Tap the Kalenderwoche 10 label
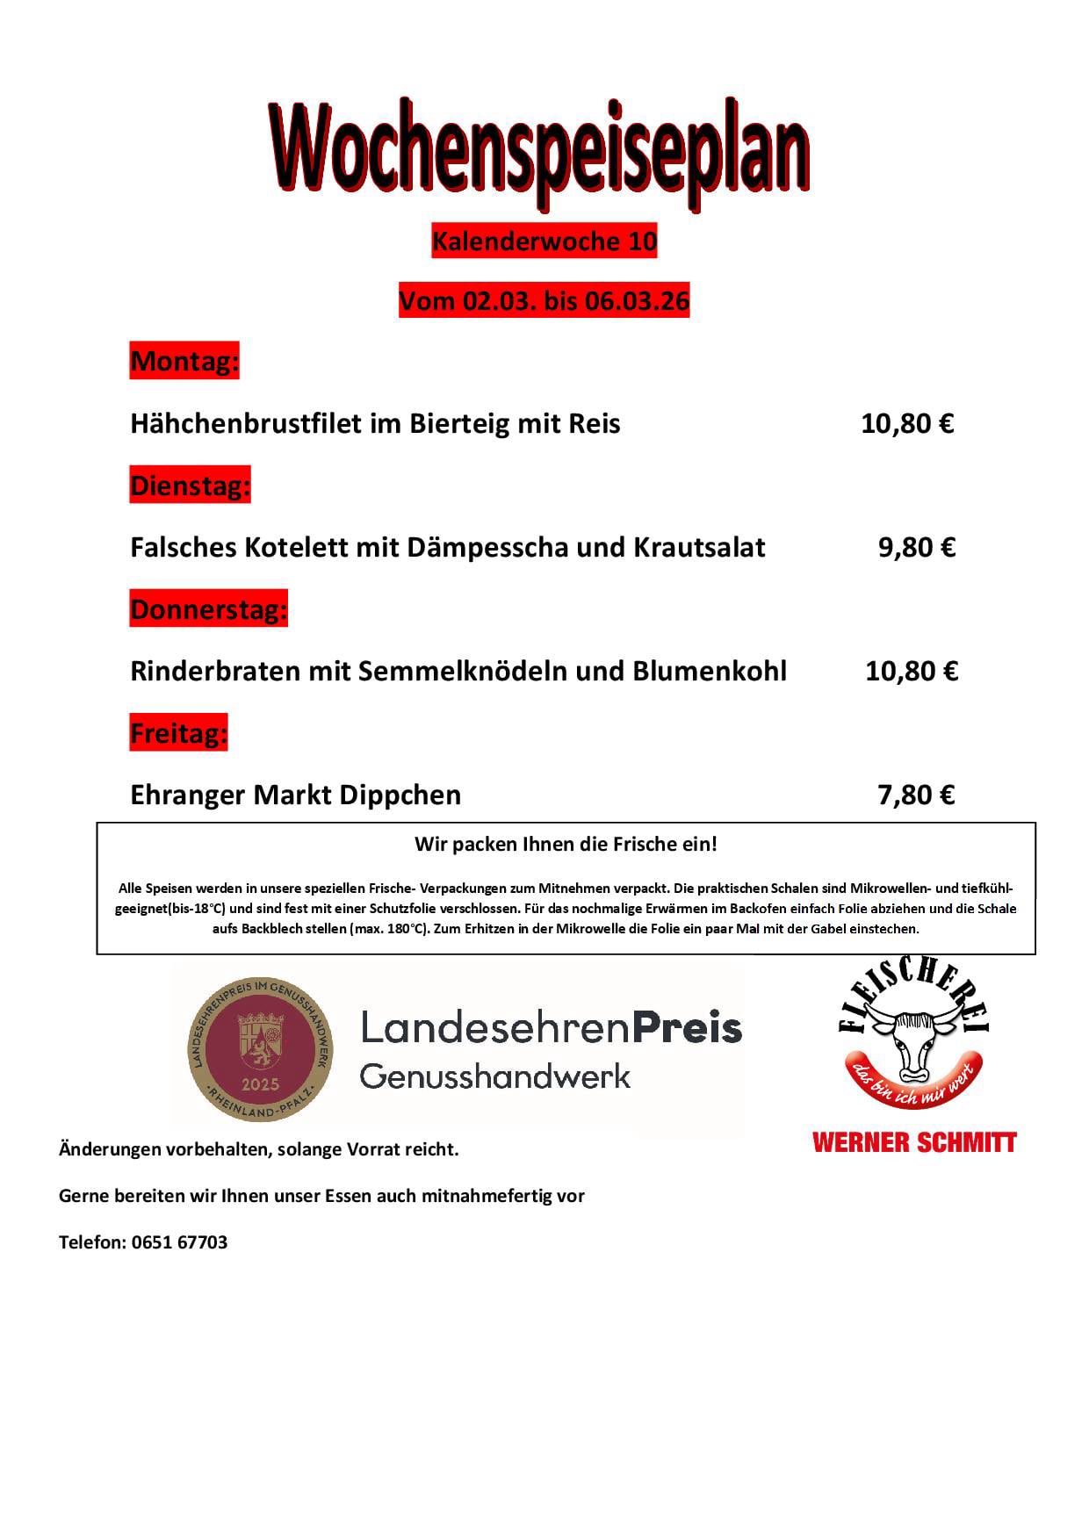544,241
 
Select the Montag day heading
184,361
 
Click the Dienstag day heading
191,485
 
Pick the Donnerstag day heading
209,608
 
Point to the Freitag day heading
179,732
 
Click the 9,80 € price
916,547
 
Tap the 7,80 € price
916,795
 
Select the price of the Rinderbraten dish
911,671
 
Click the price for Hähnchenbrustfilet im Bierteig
907,423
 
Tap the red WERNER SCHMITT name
914,1142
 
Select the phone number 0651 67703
179,1242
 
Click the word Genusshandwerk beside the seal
495,1076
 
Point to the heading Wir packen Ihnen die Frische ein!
566,845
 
